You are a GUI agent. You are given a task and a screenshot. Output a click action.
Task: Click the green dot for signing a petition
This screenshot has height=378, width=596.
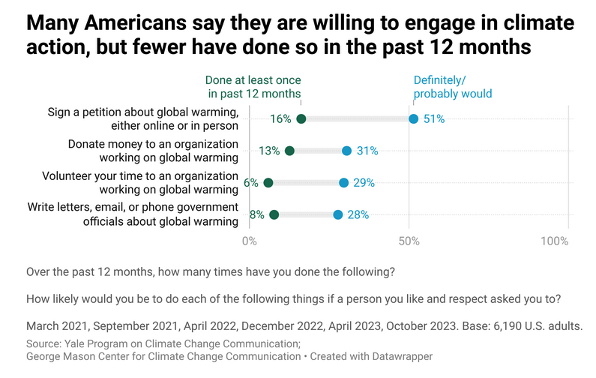pyautogui.click(x=301, y=119)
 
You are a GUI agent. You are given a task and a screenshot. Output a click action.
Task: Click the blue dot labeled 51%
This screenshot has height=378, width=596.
pyautogui.click(x=413, y=119)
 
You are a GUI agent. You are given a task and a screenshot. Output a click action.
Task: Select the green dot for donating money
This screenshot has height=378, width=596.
pyautogui.click(x=290, y=151)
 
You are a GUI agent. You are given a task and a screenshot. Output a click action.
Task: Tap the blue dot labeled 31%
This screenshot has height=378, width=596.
pyautogui.click(x=346, y=151)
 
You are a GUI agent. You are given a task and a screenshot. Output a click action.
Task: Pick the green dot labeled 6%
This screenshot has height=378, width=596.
pyautogui.click(x=268, y=182)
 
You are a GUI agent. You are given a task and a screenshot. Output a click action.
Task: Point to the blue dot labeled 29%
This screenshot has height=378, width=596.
pyautogui.click(x=343, y=182)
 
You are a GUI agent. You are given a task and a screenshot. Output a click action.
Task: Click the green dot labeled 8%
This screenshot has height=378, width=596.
pyautogui.click(x=274, y=214)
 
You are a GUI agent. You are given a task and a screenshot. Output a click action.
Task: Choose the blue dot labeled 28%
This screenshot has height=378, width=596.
pyautogui.click(x=338, y=214)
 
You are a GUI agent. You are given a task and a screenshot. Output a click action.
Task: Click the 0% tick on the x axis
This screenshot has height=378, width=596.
pyautogui.click(x=250, y=241)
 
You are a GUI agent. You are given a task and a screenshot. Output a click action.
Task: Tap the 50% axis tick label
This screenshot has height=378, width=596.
pyautogui.click(x=409, y=241)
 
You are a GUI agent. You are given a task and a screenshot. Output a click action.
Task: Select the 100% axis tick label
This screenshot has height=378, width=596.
pyautogui.click(x=554, y=241)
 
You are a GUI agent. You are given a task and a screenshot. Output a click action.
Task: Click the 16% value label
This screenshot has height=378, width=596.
pyautogui.click(x=281, y=119)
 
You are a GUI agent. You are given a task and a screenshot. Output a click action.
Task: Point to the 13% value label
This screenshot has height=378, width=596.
pyautogui.click(x=270, y=151)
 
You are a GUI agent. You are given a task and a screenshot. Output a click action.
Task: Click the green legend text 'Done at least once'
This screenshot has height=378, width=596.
pyautogui.click(x=253, y=80)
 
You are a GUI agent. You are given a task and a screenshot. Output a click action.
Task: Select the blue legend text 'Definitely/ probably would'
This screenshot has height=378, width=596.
pyautogui.click(x=453, y=87)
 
